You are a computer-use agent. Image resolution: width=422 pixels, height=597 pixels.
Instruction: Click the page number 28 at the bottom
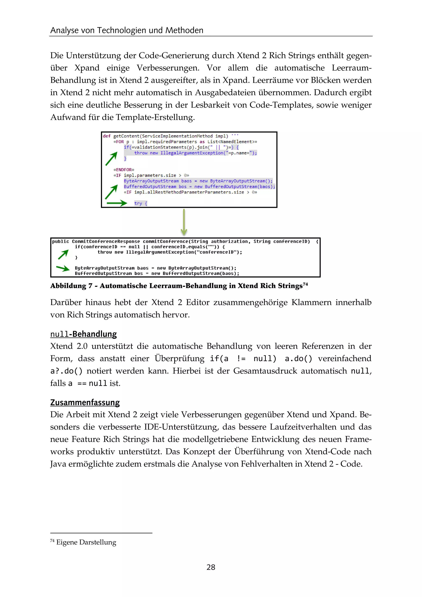tap(211, 567)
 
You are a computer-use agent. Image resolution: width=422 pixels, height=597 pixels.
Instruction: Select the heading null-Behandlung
tap(83, 334)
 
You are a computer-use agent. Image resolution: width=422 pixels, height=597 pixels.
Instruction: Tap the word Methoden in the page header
tap(184, 31)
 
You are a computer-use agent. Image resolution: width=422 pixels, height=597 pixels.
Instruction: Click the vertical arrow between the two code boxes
tap(184, 222)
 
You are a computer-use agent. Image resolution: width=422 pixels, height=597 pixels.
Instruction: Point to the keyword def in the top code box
tap(107, 136)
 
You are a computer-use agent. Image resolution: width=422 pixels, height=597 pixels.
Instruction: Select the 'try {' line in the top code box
tap(141, 203)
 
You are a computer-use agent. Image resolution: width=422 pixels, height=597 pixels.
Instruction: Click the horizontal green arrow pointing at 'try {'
tap(116, 203)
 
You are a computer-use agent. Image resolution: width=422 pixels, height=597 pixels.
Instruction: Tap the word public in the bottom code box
tap(61, 242)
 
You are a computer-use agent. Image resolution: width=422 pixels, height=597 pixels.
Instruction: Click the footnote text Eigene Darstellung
tap(86, 542)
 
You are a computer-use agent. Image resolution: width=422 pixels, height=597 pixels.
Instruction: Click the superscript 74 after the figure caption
tap(305, 284)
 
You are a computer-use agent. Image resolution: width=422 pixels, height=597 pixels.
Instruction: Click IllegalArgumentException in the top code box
tap(191, 153)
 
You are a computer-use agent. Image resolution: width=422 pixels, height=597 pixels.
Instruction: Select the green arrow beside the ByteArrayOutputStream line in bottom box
tap(63, 268)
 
